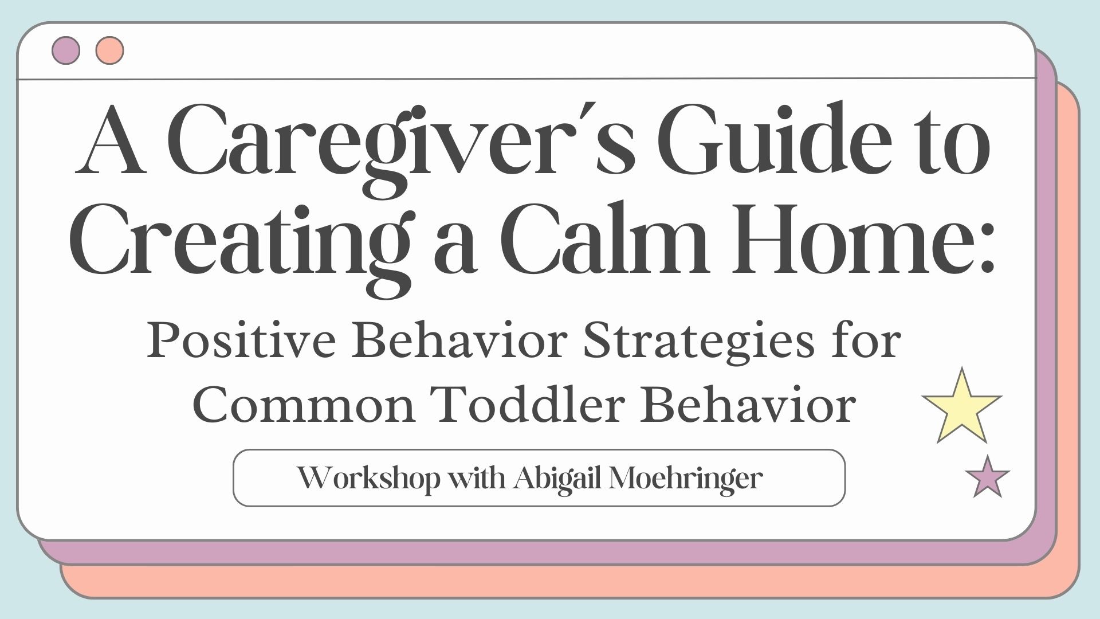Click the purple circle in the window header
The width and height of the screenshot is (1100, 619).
[66, 50]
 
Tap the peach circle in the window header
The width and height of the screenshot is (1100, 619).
[110, 50]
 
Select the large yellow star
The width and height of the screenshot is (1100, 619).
[962, 406]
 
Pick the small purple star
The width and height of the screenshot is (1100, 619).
[987, 477]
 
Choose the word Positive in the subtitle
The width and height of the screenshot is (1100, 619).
[241, 342]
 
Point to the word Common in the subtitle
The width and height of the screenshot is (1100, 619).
[304, 406]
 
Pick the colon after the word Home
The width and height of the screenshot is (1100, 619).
[984, 252]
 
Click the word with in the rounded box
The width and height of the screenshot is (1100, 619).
[476, 478]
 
